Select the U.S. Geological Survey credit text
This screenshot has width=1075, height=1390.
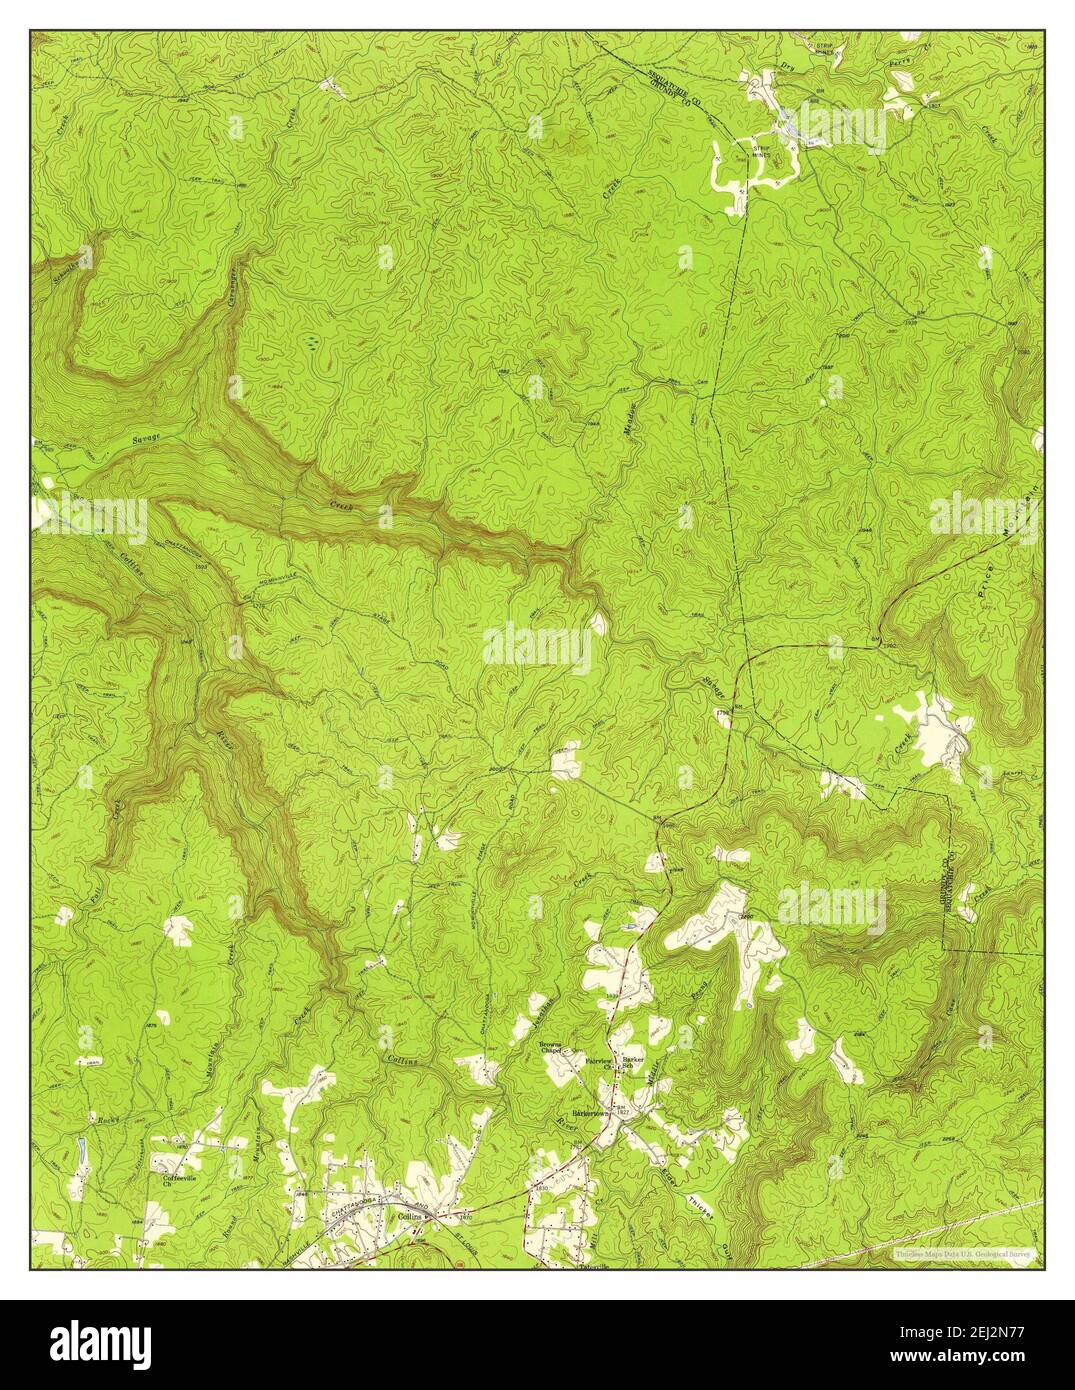[966, 1251]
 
